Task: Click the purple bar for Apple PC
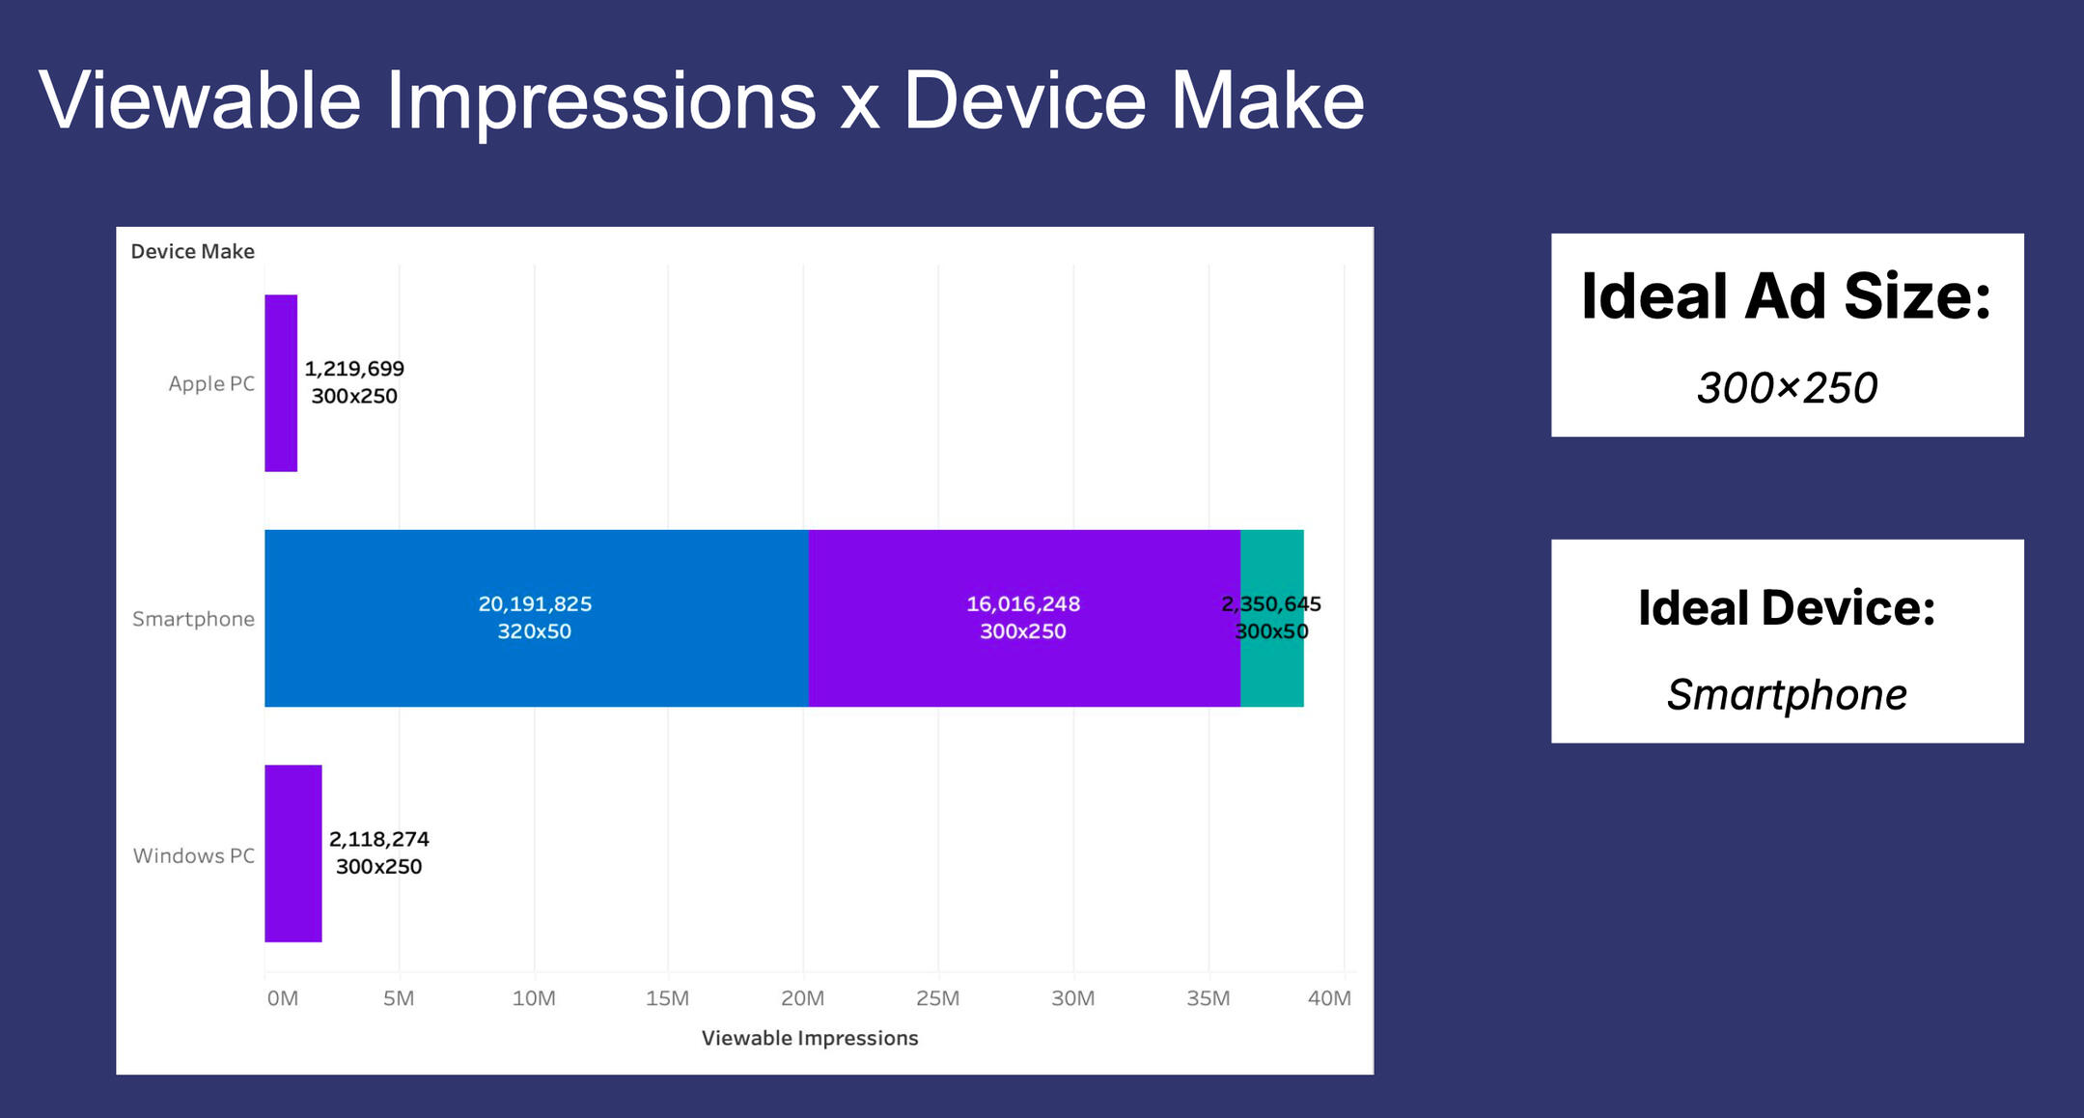(x=281, y=383)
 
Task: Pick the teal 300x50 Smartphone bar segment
(x=1272, y=666)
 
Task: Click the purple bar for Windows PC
(x=293, y=853)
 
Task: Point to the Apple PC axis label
(x=211, y=383)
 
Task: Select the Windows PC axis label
(x=194, y=855)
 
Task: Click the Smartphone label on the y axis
(x=193, y=619)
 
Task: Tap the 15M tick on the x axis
(x=667, y=998)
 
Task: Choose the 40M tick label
(x=1329, y=998)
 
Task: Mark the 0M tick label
(x=283, y=998)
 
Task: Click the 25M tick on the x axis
(x=937, y=998)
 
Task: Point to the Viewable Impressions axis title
(x=810, y=1038)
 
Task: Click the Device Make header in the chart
(x=192, y=252)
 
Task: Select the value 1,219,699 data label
(x=354, y=369)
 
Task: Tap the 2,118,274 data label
(x=379, y=839)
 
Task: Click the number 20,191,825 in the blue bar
(x=535, y=604)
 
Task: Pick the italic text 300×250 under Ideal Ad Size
(x=1787, y=388)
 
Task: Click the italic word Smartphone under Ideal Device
(x=1787, y=695)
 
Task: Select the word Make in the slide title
(x=1267, y=100)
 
